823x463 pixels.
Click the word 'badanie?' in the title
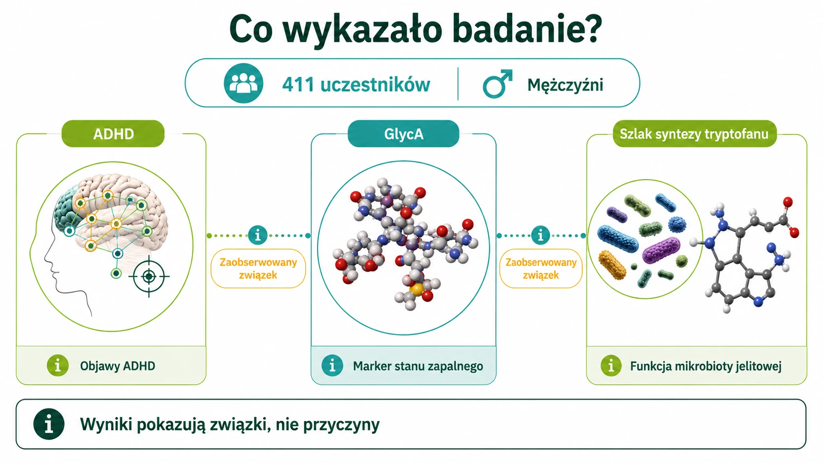(x=527, y=29)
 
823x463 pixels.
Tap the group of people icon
(x=243, y=83)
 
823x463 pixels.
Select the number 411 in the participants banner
(x=298, y=85)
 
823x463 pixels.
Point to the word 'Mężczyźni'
(x=565, y=85)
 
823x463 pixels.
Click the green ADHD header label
(x=113, y=134)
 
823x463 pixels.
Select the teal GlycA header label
(x=404, y=134)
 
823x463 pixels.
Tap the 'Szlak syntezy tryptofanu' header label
(x=695, y=134)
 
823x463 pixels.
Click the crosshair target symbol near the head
(x=149, y=277)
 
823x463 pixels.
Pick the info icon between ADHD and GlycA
(x=257, y=235)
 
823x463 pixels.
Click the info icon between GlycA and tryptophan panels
(x=540, y=235)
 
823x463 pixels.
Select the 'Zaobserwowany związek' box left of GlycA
(x=258, y=268)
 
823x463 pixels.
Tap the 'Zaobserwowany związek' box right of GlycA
(x=541, y=268)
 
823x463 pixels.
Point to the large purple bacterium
(x=661, y=250)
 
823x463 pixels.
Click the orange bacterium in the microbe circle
(x=612, y=265)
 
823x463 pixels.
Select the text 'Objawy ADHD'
(x=118, y=366)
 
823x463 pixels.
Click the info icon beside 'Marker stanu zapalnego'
(x=332, y=366)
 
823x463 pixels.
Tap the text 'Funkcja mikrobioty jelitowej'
(x=706, y=366)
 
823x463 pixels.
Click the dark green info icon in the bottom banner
(x=49, y=424)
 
